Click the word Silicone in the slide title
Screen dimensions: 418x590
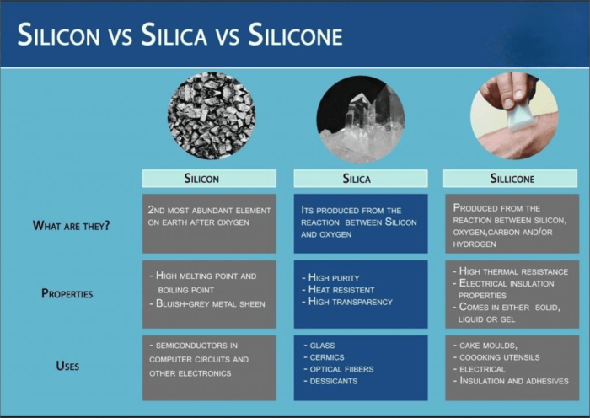[x=297, y=36]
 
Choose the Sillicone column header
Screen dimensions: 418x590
[x=512, y=178]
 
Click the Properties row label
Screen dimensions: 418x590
[x=67, y=293]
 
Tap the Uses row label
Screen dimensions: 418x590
[x=67, y=366]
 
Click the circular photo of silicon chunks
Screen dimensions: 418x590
[x=211, y=116]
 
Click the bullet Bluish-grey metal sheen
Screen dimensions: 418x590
[x=211, y=303]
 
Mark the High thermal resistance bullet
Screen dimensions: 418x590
[x=513, y=271]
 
